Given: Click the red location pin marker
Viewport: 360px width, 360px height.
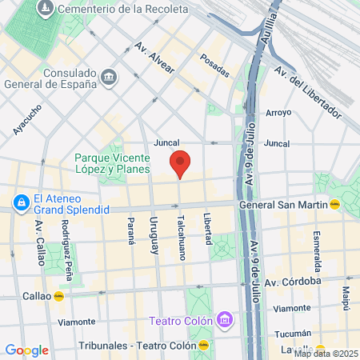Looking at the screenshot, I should coord(181,163).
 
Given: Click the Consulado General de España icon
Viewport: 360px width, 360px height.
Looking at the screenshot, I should coord(110,77).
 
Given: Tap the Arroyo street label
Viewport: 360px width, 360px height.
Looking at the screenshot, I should coord(278,112).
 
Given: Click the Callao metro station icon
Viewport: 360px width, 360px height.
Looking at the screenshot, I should coord(58,294).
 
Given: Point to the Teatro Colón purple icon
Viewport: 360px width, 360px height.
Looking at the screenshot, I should coord(225,321).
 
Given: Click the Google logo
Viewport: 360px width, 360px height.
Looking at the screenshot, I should coord(26,350).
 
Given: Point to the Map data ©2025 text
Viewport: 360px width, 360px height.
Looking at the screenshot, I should coord(326,354).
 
